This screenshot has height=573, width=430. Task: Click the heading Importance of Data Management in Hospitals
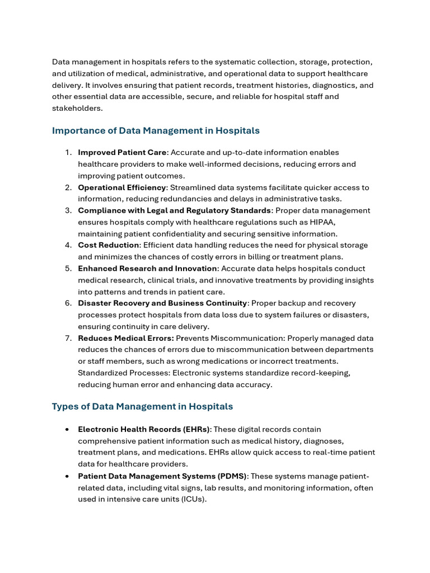pos(156,131)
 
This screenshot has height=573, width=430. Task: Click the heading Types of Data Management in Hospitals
pos(142,406)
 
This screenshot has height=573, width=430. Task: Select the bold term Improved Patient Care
pos(122,152)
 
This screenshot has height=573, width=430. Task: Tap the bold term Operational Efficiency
pos(122,187)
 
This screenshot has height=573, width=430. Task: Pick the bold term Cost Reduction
pos(109,245)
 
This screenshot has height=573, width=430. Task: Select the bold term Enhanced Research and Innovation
pos(147,269)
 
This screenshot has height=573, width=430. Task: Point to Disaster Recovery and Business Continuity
pos(162,303)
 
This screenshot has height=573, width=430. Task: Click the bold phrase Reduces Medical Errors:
pos(126,338)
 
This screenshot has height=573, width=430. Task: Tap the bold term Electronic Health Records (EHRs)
pos(144,429)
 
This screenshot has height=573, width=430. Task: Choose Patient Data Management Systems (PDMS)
pos(162,476)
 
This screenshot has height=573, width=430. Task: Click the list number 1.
pos(68,153)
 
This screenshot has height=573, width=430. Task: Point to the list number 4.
pos(68,245)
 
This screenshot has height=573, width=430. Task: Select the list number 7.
pos(68,338)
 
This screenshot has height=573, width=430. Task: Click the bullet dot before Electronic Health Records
pos(67,430)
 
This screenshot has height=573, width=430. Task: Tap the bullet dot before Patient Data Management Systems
pos(67,476)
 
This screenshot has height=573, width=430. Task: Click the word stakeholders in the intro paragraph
pos(77,109)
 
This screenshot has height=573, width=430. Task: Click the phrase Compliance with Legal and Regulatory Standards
pos(174,210)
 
